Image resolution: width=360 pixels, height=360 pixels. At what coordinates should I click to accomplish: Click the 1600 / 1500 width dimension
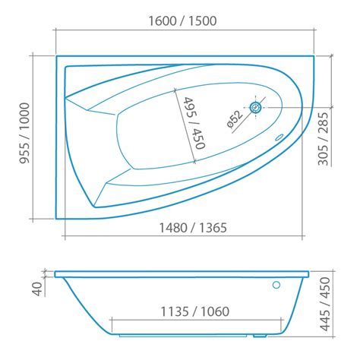(x=182, y=21)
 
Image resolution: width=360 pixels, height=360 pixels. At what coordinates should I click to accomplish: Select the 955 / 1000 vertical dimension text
(x=25, y=133)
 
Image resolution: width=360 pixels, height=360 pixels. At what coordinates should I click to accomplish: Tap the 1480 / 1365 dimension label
(x=193, y=228)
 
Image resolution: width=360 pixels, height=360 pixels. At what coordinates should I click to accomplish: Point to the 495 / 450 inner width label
(x=194, y=123)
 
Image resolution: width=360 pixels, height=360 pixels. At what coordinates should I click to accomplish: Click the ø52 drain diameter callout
(x=235, y=119)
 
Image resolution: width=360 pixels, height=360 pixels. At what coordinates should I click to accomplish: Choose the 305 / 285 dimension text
(x=323, y=139)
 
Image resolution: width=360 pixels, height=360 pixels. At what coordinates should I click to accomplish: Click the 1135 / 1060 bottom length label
(x=195, y=311)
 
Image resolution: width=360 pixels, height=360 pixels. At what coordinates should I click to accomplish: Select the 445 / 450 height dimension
(x=325, y=304)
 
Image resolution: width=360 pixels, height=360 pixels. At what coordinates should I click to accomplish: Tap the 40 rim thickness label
(x=38, y=289)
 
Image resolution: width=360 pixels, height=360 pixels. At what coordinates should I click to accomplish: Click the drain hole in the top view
(x=256, y=108)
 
